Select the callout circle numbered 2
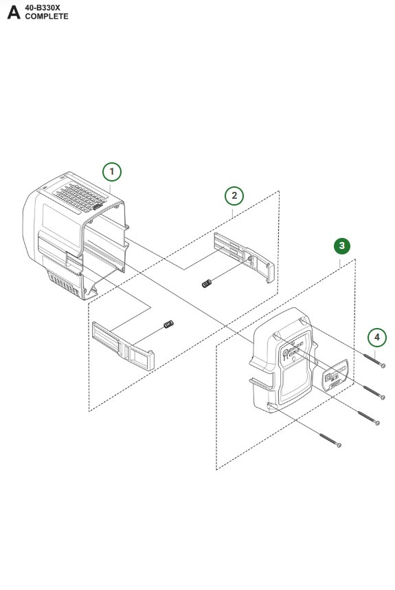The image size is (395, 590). pos(234,195)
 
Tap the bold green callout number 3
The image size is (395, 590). pos(342,245)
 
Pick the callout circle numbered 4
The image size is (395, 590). pos(376,337)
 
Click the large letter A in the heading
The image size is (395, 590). pos(13,12)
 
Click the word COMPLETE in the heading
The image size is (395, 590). pos(47,17)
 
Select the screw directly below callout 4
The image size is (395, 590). pos(372,360)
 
